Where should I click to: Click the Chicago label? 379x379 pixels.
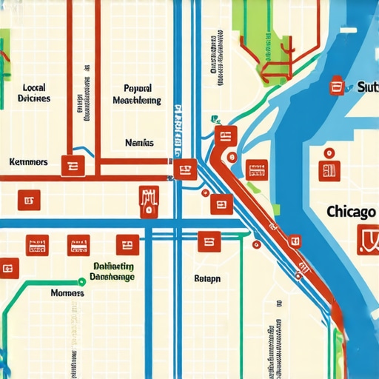(x=350, y=212)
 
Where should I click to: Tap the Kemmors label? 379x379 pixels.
(x=28, y=161)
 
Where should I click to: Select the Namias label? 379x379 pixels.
(x=139, y=142)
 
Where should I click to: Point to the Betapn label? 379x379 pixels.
(x=207, y=279)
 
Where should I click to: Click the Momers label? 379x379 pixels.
(x=67, y=293)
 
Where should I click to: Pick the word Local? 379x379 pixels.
(x=35, y=86)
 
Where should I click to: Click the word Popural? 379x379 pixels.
(x=137, y=86)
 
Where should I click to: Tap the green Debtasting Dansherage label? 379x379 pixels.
(x=113, y=272)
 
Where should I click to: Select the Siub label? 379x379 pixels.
(x=366, y=87)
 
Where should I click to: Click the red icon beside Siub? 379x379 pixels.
(x=338, y=87)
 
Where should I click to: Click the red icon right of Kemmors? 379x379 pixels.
(x=73, y=167)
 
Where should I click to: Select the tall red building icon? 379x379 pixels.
(x=149, y=200)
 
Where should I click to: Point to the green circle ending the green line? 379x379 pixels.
(x=81, y=281)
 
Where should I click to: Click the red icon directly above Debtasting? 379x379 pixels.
(x=127, y=244)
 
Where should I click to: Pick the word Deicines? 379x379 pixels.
(x=33, y=98)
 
